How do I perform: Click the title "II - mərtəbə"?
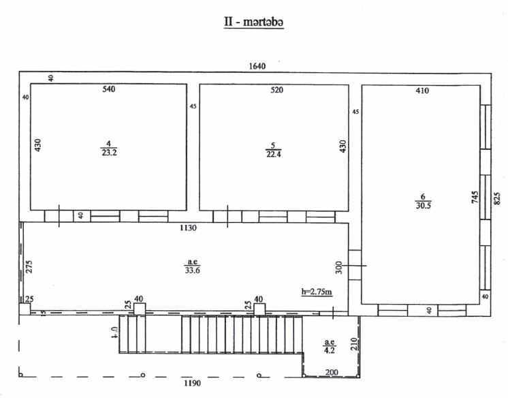[x=254, y=22]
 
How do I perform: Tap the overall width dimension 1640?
[x=257, y=66]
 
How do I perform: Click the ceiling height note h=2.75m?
[x=317, y=292]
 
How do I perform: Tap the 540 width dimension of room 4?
[x=109, y=89]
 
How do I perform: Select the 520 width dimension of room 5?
[x=276, y=90]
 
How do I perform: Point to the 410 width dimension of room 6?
[x=422, y=91]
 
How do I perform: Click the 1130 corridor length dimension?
[x=188, y=228]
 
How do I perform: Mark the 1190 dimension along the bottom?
[x=193, y=383]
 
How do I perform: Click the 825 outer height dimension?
[x=497, y=198]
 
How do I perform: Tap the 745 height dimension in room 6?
[x=475, y=197]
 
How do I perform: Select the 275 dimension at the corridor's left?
[x=29, y=266]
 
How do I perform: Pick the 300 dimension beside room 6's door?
[x=338, y=268]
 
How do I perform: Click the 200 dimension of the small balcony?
[x=332, y=372]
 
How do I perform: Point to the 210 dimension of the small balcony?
[x=353, y=344]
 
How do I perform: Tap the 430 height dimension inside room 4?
[x=38, y=145]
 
